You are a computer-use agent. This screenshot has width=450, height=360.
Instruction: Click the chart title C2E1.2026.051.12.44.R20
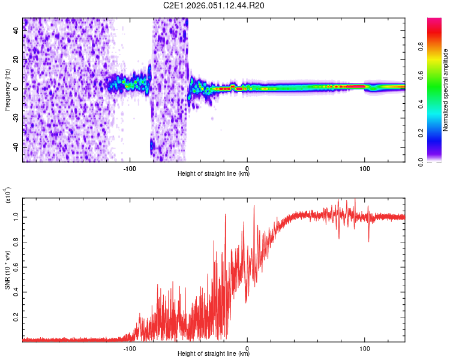click(214, 6)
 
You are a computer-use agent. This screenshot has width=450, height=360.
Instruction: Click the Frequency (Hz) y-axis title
click(7, 90)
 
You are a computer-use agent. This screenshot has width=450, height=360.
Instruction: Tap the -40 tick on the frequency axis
click(16, 147)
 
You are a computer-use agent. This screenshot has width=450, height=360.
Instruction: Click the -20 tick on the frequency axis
click(16, 118)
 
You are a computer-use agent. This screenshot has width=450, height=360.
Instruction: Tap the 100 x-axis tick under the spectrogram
click(364, 169)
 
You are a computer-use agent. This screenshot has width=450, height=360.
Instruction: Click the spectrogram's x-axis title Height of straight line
click(214, 175)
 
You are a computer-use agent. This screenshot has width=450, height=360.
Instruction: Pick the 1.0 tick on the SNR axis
click(16, 217)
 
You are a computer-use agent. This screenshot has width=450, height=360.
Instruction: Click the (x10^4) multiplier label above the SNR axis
click(8, 196)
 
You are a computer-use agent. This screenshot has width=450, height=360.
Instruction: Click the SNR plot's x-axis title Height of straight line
click(214, 354)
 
